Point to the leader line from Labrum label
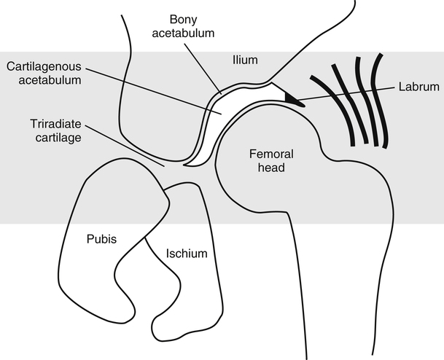[x=350, y=92]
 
